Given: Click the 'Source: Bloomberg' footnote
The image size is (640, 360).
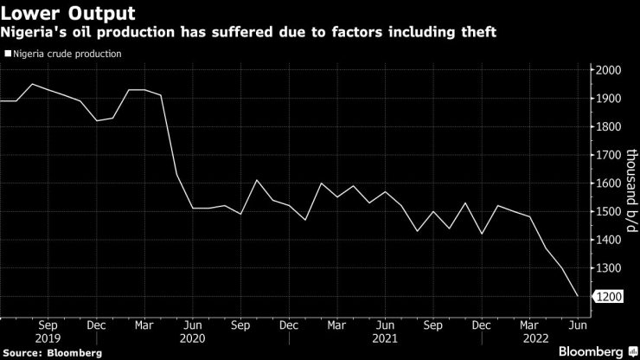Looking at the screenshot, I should pos(52,352).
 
